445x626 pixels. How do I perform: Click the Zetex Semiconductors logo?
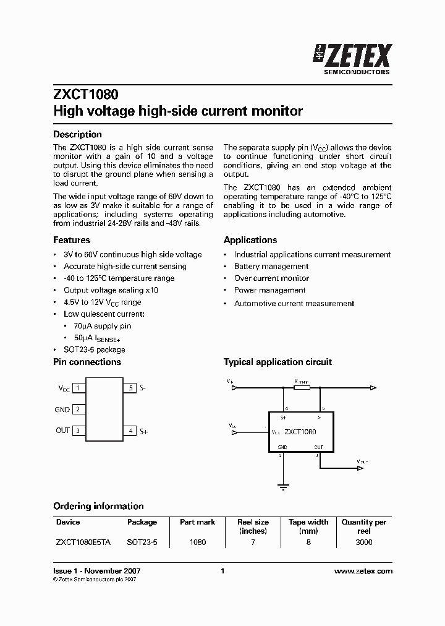[x=352, y=59]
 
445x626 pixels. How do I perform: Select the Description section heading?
[x=77, y=134]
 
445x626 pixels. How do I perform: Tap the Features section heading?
[x=72, y=240]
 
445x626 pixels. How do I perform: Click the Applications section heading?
[x=250, y=240]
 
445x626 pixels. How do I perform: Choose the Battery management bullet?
[x=271, y=267]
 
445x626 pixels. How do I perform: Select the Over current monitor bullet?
[x=271, y=278]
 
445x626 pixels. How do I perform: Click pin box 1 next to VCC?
[x=79, y=388]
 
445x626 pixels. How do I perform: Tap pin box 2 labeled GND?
[x=79, y=409]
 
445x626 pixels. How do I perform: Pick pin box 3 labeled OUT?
[x=79, y=431]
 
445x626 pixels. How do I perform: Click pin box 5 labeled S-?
[x=130, y=388]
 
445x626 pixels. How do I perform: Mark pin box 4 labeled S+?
[x=130, y=431]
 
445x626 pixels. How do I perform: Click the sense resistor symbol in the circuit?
[x=302, y=388]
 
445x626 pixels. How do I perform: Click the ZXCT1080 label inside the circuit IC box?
[x=300, y=432]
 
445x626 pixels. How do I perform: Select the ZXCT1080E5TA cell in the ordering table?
[x=83, y=542]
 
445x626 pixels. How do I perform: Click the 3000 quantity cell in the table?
[x=364, y=542]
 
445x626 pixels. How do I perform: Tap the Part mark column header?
[x=197, y=522]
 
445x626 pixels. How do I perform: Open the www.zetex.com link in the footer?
[x=363, y=572]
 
